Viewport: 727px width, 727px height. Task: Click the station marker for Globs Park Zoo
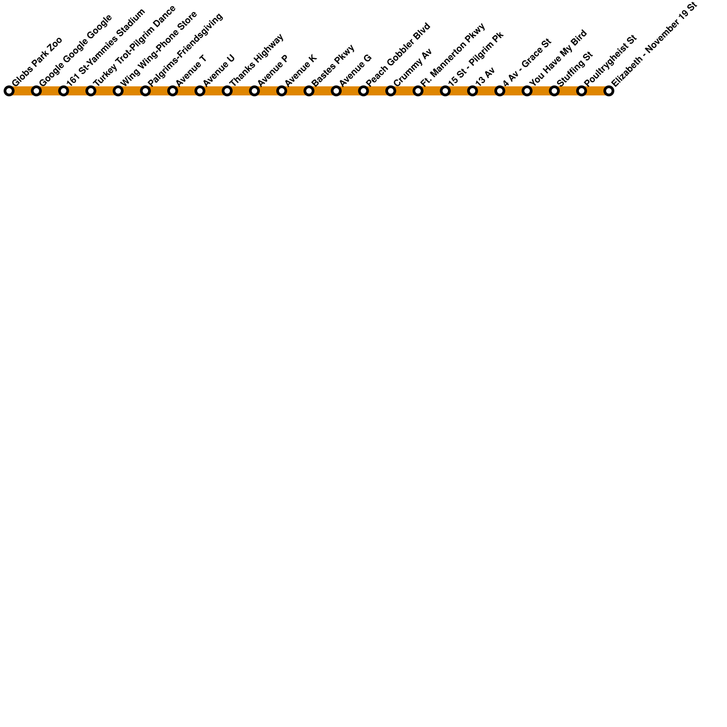point(9,91)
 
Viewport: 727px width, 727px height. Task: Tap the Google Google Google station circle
point(36,91)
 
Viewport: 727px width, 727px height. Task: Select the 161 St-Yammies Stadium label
point(106,47)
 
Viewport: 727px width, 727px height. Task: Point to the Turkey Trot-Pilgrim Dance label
point(134,46)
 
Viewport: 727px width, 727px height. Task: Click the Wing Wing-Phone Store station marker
point(118,91)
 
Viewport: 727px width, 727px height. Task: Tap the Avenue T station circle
point(172,91)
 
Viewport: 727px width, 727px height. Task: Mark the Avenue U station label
point(219,70)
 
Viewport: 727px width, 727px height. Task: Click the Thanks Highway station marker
point(227,91)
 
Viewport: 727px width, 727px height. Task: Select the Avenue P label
point(273,70)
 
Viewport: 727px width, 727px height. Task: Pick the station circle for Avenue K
point(281,91)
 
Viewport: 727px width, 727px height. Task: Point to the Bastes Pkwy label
point(333,65)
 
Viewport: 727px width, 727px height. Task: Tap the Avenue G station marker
point(336,91)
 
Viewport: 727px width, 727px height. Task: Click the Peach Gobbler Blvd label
point(398,55)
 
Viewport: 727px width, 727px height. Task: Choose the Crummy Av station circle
point(390,91)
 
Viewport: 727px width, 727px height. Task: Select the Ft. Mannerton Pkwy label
point(453,55)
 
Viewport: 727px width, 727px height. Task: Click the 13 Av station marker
point(472,91)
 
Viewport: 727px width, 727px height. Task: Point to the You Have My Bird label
point(558,58)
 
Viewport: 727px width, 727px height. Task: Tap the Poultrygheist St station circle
point(581,91)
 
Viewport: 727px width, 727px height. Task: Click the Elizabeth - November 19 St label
point(654,44)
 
